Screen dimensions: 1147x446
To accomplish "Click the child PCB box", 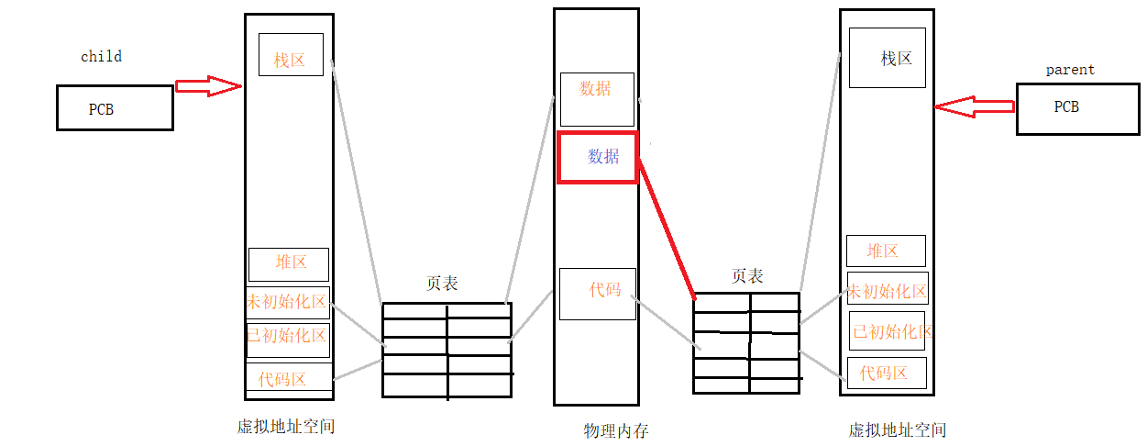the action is (115, 108).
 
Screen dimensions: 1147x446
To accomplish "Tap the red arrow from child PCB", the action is (208, 86).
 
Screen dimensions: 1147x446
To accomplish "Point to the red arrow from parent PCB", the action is (974, 106).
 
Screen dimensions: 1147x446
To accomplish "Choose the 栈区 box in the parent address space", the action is (888, 57).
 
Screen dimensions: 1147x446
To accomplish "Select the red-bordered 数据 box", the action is (598, 157).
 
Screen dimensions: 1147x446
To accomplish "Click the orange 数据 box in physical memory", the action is (597, 99).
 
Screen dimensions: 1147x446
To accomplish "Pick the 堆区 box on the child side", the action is (289, 264).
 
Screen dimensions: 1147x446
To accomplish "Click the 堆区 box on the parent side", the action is (886, 251).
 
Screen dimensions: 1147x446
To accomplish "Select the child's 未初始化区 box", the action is (288, 302).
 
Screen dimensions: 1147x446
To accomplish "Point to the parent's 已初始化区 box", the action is (887, 331).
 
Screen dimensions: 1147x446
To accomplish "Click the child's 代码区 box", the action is (288, 377).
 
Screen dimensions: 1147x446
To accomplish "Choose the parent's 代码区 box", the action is (887, 373).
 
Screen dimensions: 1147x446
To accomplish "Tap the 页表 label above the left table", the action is (442, 284).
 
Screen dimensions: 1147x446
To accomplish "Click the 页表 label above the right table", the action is (746, 275).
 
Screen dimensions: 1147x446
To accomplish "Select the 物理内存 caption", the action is (615, 430).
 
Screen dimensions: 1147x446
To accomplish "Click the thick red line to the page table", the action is (667, 228).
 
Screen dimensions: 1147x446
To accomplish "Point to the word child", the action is (101, 57).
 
